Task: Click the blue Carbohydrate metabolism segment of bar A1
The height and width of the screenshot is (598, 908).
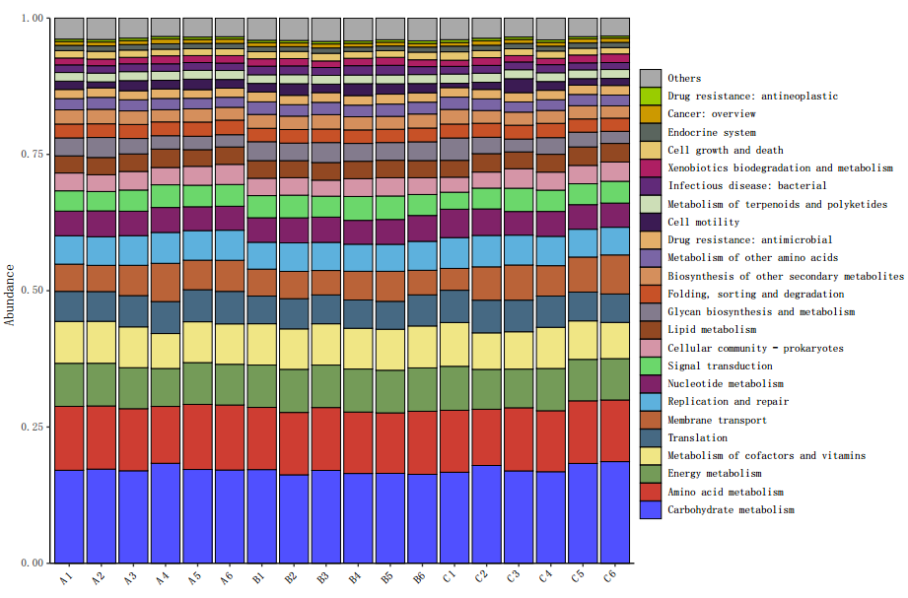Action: (x=68, y=516)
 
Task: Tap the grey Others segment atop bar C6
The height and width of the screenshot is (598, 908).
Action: (x=615, y=27)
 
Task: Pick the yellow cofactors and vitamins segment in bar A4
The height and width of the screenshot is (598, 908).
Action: (x=165, y=351)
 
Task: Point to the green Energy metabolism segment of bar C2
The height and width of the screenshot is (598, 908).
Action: (x=486, y=389)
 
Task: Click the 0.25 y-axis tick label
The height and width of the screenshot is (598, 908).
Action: (x=32, y=427)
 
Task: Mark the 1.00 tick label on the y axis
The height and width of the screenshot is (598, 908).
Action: (x=32, y=19)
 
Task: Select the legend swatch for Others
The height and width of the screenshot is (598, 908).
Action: (x=650, y=78)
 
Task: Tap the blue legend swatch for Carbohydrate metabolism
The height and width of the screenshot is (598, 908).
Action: (x=650, y=509)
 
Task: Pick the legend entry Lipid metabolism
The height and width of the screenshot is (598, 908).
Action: (x=712, y=330)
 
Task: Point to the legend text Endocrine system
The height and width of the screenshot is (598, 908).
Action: (x=712, y=132)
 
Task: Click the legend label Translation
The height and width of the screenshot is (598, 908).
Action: (x=697, y=437)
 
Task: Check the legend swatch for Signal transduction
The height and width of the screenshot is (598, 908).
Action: (x=650, y=365)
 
